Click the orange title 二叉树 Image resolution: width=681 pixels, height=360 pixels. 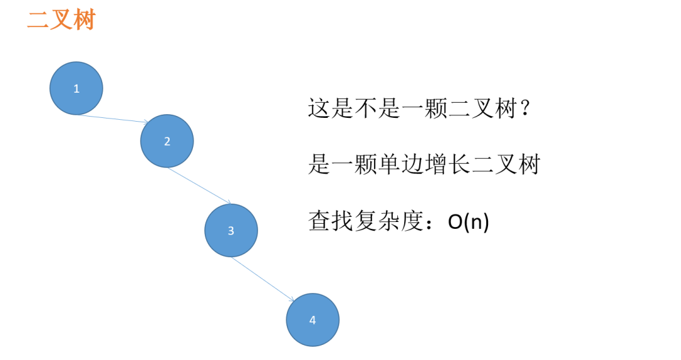tap(61, 20)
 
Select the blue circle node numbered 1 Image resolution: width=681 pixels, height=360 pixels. tap(76, 88)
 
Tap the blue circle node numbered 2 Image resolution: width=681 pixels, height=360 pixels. tap(167, 141)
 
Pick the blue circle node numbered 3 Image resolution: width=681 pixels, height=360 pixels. tap(231, 230)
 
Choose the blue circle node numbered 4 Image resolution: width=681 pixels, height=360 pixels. tap(313, 320)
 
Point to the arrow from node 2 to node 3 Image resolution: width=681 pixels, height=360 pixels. tap(199, 185)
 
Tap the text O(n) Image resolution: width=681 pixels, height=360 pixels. tap(469, 221)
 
